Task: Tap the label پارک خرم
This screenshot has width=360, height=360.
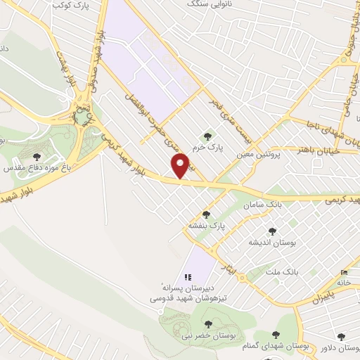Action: [x=209, y=148]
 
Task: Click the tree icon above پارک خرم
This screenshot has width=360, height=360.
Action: [x=207, y=136]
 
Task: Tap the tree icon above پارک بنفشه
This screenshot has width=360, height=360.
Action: [x=206, y=214]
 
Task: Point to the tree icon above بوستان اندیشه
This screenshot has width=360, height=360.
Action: [x=272, y=230]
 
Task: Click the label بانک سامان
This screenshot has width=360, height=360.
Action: [x=262, y=205]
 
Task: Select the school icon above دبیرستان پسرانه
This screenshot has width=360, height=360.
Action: [x=188, y=276]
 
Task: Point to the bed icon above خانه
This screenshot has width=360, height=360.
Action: [x=344, y=273]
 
